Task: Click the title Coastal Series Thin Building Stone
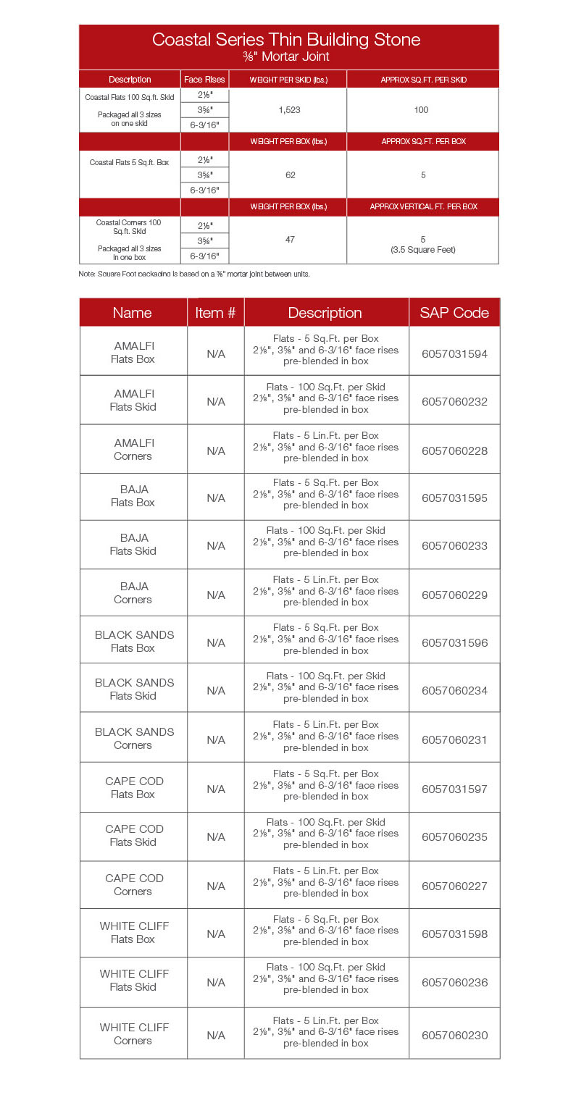286,40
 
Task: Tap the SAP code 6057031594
454,354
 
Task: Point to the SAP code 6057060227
454,886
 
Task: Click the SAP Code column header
454,313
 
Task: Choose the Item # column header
215,313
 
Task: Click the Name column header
133,313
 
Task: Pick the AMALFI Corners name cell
133,450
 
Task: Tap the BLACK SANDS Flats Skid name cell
134,689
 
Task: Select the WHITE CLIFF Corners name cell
134,1033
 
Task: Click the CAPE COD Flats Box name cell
134,787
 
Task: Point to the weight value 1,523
289,110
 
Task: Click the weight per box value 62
290,175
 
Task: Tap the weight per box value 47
290,239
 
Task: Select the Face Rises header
204,80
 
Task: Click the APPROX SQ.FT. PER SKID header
423,80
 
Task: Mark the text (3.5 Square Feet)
422,250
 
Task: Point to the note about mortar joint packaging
194,274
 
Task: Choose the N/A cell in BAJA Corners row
216,595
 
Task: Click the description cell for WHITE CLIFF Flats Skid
326,978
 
